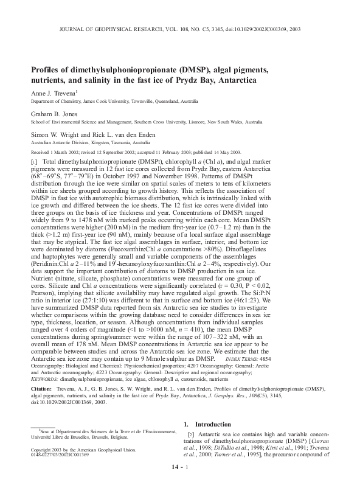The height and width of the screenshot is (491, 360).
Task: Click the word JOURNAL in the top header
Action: (x=76, y=29)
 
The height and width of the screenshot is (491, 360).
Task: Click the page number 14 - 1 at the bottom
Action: (x=180, y=484)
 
